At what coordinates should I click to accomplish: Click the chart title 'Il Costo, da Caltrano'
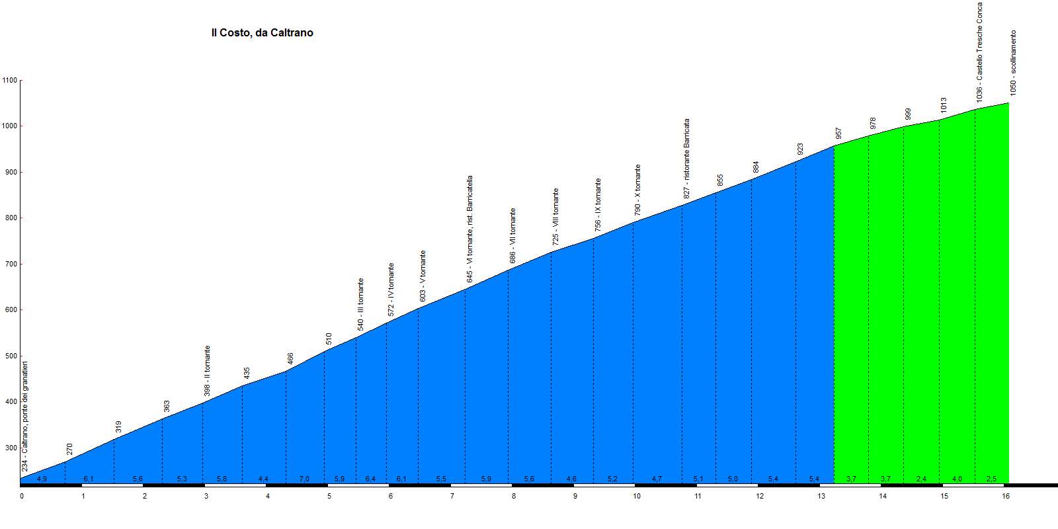coord(262,33)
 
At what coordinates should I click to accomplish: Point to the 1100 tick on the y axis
coord(10,80)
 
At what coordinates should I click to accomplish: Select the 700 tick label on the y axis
coord(10,264)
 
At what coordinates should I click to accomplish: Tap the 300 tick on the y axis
coord(10,448)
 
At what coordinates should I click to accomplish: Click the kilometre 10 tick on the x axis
coord(637,496)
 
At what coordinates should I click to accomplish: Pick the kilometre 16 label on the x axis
coord(1006,496)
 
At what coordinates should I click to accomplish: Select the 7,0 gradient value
coord(304,479)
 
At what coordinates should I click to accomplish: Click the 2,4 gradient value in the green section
coord(921,479)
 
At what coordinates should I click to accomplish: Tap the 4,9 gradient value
coord(42,479)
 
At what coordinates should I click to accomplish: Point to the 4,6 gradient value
coord(571,479)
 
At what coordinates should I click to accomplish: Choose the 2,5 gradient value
coord(991,479)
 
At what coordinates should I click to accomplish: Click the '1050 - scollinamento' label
coord(1013,63)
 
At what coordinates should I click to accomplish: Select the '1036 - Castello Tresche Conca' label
coord(979,52)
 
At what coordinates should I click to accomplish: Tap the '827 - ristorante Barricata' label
coord(686,159)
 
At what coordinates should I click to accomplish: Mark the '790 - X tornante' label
coord(637,190)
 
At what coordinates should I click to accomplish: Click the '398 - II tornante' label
coord(207,371)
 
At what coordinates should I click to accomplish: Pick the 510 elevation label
coord(329,339)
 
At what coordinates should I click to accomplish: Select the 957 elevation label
coord(838,134)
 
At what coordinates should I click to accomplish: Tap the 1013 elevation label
coord(944,105)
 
